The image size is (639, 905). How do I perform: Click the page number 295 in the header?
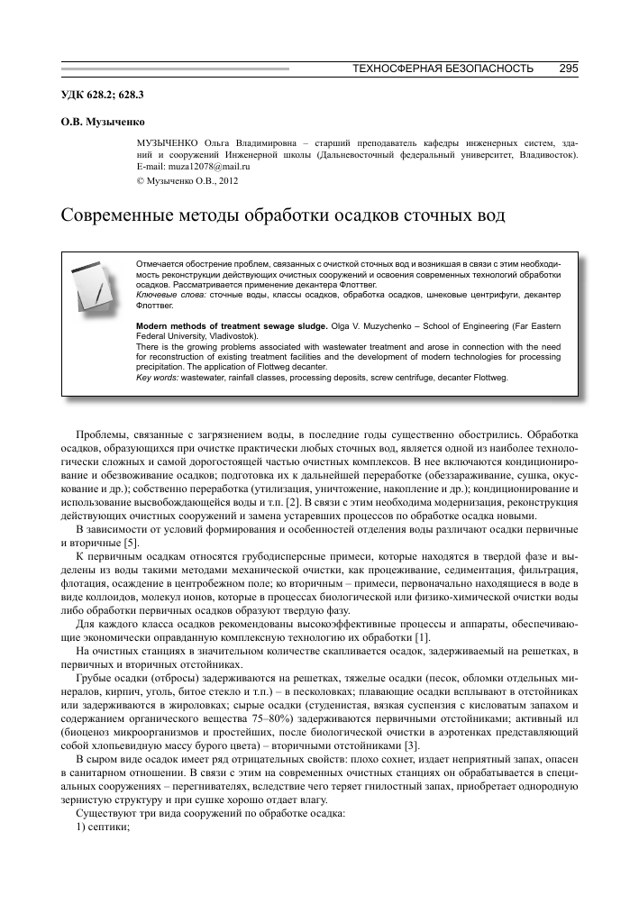pyautogui.click(x=568, y=69)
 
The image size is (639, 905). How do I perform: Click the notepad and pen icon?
pyautogui.click(x=93, y=286)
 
